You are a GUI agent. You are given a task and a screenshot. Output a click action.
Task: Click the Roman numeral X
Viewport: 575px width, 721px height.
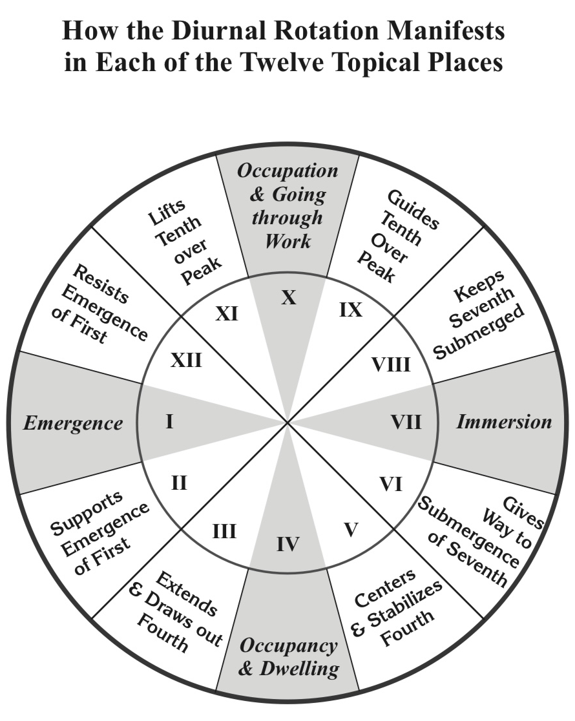(x=289, y=298)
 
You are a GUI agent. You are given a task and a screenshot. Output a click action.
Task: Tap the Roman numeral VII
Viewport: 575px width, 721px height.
(x=406, y=423)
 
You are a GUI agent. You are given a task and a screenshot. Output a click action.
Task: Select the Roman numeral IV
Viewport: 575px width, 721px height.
(x=287, y=545)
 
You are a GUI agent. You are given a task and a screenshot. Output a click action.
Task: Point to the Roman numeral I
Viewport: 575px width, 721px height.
(x=169, y=423)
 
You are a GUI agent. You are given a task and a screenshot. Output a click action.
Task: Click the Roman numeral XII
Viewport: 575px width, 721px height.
(x=186, y=360)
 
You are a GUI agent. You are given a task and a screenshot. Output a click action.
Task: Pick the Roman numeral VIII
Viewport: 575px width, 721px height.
(x=391, y=365)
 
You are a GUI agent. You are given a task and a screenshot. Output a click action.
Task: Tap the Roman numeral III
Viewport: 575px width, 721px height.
(x=224, y=532)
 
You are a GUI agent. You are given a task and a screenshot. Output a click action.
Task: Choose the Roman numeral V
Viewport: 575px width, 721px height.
(x=351, y=530)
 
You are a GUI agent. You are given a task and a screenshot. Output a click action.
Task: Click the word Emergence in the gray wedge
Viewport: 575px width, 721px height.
(x=73, y=424)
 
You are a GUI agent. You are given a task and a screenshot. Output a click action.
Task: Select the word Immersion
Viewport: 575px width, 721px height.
(x=504, y=423)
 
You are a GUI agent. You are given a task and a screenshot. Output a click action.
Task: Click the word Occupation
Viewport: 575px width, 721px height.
(x=287, y=171)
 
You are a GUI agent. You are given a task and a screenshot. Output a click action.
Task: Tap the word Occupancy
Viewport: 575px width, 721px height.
(x=288, y=645)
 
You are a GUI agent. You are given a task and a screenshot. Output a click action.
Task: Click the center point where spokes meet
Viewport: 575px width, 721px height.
(x=288, y=423)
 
